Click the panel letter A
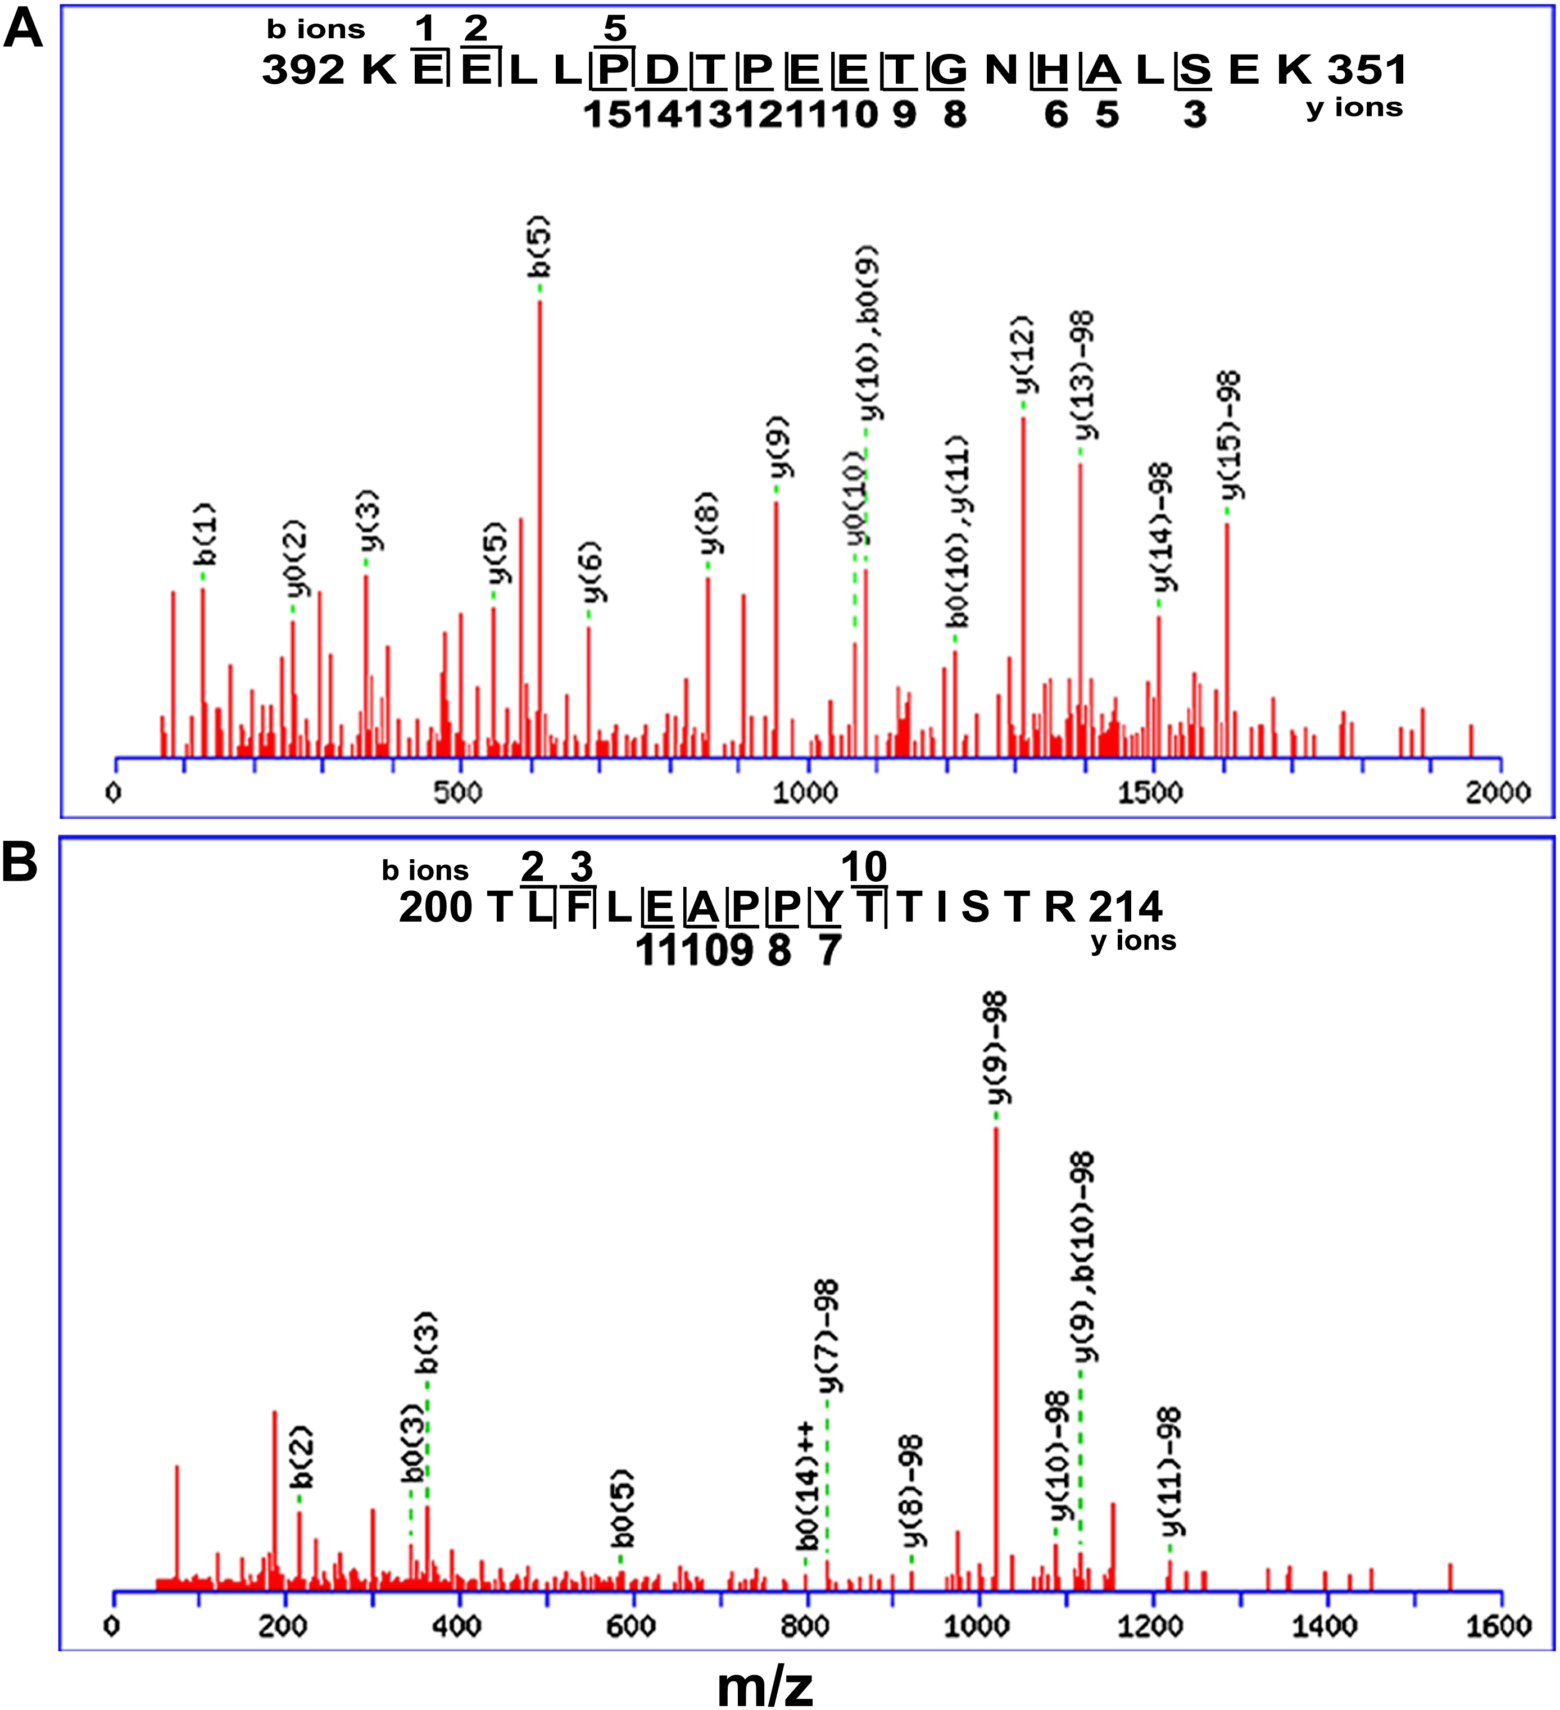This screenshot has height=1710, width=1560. pyautogui.click(x=23, y=31)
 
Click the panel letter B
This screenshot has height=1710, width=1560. pyautogui.click(x=20, y=863)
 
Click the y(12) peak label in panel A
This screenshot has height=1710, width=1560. pyautogui.click(x=1024, y=355)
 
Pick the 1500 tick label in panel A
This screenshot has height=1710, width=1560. pyautogui.click(x=1150, y=792)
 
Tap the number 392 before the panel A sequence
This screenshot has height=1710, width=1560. pyautogui.click(x=303, y=70)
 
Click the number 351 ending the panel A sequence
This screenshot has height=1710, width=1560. pyautogui.click(x=1367, y=70)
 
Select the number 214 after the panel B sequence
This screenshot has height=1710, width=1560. pyautogui.click(x=1125, y=908)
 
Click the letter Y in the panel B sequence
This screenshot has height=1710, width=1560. pyautogui.click(x=826, y=908)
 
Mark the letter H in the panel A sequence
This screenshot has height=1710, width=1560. pyautogui.click(x=1052, y=70)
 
